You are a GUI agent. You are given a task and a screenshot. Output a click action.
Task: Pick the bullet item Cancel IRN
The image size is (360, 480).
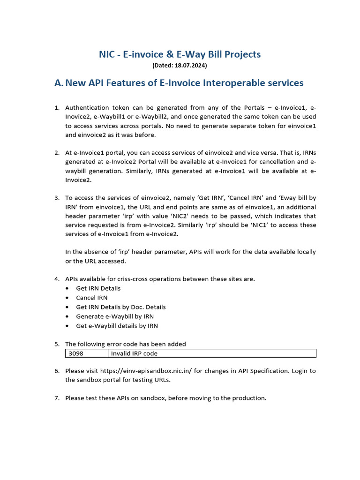[92, 298]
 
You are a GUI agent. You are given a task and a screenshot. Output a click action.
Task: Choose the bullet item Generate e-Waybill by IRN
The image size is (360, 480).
[115, 316]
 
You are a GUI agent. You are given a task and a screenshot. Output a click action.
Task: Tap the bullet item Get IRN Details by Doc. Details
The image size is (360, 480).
[121, 307]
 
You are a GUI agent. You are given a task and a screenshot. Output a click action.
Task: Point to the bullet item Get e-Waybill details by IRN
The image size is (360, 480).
[117, 326]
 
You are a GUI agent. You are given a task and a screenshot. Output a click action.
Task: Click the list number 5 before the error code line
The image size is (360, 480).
[57, 344]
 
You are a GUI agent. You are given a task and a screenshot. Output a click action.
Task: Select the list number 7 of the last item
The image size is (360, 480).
[57, 398]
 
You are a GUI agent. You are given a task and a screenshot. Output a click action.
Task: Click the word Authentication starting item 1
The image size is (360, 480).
[87, 107]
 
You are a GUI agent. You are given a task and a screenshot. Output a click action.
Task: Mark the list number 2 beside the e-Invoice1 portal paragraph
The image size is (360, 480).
[57, 153]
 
